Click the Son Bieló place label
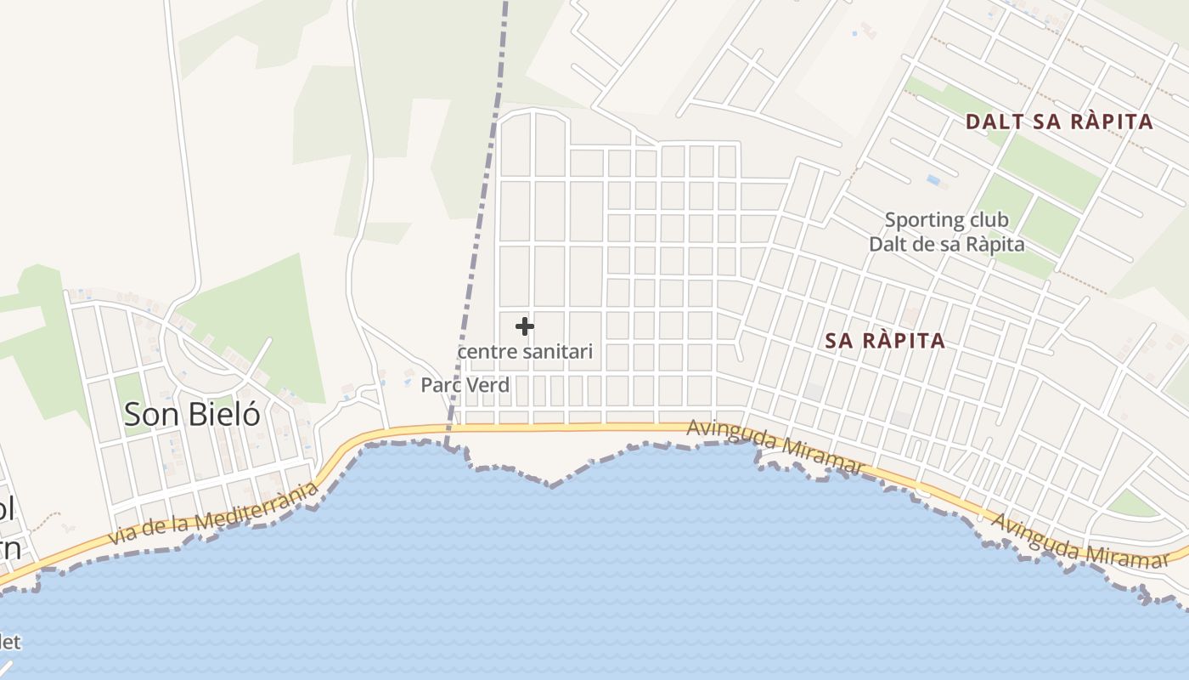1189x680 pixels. pyautogui.click(x=192, y=414)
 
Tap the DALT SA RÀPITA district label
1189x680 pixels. pyautogui.click(x=1059, y=122)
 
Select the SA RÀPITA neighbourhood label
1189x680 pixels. pyautogui.click(x=885, y=341)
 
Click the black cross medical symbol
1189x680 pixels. pyautogui.click(x=525, y=326)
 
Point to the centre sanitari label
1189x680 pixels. pyautogui.click(x=525, y=351)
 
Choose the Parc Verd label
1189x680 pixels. pyautogui.click(x=465, y=385)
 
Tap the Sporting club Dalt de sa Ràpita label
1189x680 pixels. pyautogui.click(x=946, y=232)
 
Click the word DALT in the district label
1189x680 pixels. pyautogui.click(x=992, y=122)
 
